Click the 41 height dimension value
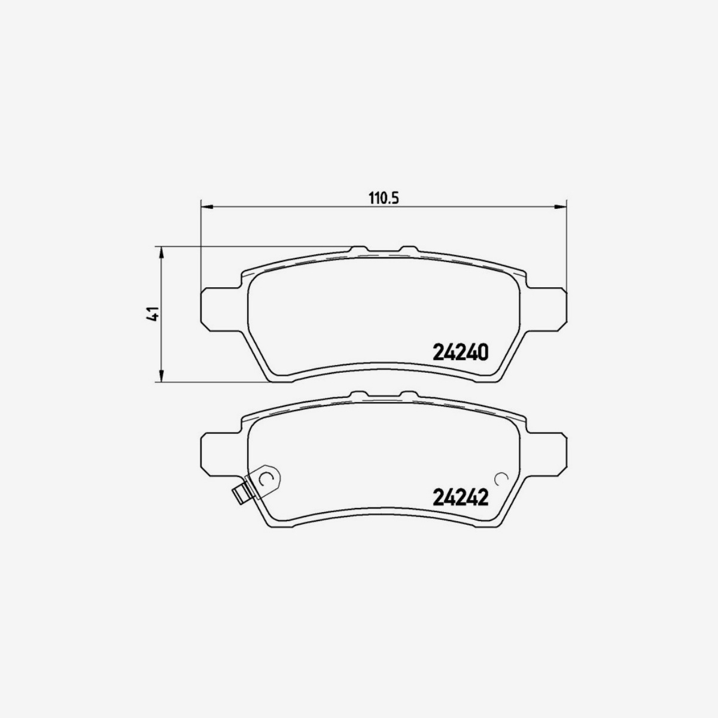pos(153,314)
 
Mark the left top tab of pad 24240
pos(358,249)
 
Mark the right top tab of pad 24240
pos(409,249)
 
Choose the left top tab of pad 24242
pos(358,394)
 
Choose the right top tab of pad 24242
pos(409,394)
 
